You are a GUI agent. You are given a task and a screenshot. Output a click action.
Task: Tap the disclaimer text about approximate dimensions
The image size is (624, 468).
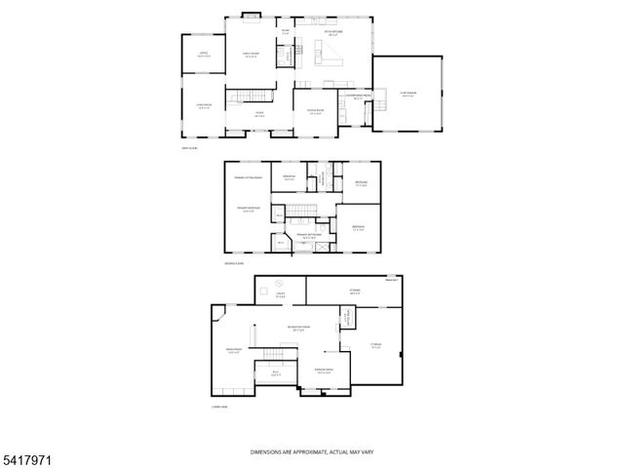point(312,452)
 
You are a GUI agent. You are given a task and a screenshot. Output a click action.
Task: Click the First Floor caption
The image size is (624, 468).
point(187,148)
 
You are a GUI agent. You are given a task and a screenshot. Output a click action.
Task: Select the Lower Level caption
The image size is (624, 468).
point(219,407)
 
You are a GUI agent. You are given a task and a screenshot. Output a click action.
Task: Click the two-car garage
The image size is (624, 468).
point(407,95)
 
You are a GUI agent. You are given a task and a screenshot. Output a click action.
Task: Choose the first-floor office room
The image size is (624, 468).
point(204,56)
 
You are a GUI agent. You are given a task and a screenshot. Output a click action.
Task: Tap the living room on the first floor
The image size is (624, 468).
point(204,108)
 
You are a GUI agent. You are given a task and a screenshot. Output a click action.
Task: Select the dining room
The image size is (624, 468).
point(315,114)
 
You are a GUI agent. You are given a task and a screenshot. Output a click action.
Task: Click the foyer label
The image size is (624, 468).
point(260,116)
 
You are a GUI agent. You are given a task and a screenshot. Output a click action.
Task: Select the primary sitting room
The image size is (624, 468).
point(248,178)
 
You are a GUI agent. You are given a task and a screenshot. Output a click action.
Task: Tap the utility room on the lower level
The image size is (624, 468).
point(280,294)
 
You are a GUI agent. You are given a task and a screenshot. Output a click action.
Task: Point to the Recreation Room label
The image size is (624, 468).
point(298,329)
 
